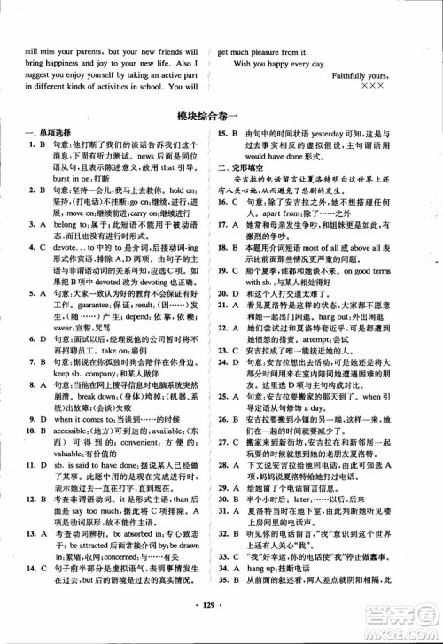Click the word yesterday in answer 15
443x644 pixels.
click(333, 134)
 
